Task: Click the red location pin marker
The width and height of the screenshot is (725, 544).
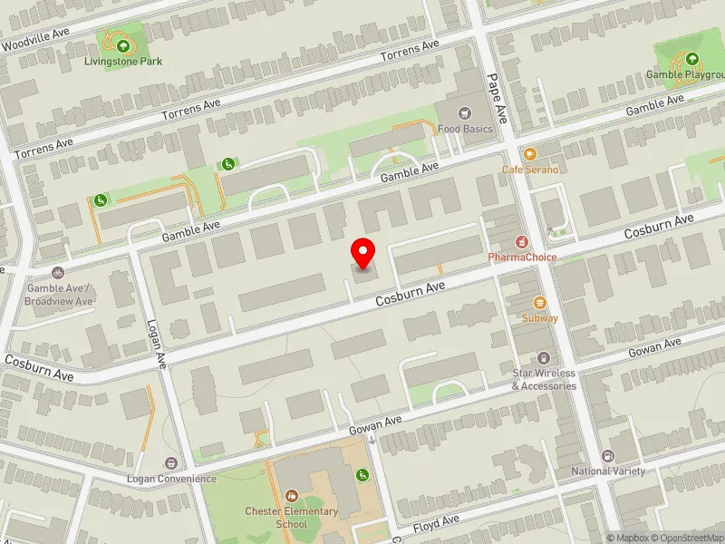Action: [x=363, y=253]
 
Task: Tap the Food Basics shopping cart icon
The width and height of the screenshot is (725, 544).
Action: [x=465, y=113]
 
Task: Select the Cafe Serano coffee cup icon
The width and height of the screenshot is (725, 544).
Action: [x=530, y=154]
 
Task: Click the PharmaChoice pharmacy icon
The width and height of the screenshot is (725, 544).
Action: [x=522, y=242]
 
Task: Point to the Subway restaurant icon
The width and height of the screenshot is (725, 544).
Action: [x=540, y=302]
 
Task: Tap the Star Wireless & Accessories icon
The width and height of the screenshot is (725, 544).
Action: [x=544, y=359]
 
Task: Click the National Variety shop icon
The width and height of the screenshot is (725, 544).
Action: [x=608, y=456]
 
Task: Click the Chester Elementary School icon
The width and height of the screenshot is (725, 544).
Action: [x=291, y=495]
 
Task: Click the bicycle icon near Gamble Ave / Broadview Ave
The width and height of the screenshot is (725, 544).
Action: [x=59, y=272]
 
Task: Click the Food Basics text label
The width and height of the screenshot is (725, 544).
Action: [x=465, y=130]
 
